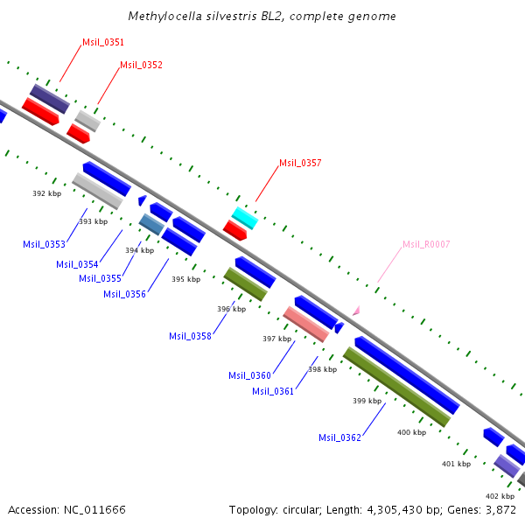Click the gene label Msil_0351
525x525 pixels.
tap(103, 42)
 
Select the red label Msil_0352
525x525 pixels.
tap(141, 65)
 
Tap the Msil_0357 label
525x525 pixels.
tap(300, 163)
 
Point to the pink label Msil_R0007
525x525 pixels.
tap(426, 244)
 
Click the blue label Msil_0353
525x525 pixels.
tap(44, 244)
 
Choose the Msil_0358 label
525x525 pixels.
tap(190, 336)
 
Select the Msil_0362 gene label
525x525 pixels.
tap(339, 437)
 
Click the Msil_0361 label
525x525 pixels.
tap(273, 391)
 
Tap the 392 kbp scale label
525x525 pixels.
tap(47, 193)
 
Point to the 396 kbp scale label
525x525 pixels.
tap(231, 309)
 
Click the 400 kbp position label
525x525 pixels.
tap(411, 432)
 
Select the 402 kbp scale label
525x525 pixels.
tap(500, 496)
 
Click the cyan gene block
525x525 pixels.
tap(244, 218)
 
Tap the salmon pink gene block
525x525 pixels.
tap(306, 324)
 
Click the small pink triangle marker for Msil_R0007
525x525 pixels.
tap(355, 310)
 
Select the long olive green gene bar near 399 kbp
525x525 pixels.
tap(396, 387)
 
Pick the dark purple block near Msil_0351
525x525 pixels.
tap(49, 99)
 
